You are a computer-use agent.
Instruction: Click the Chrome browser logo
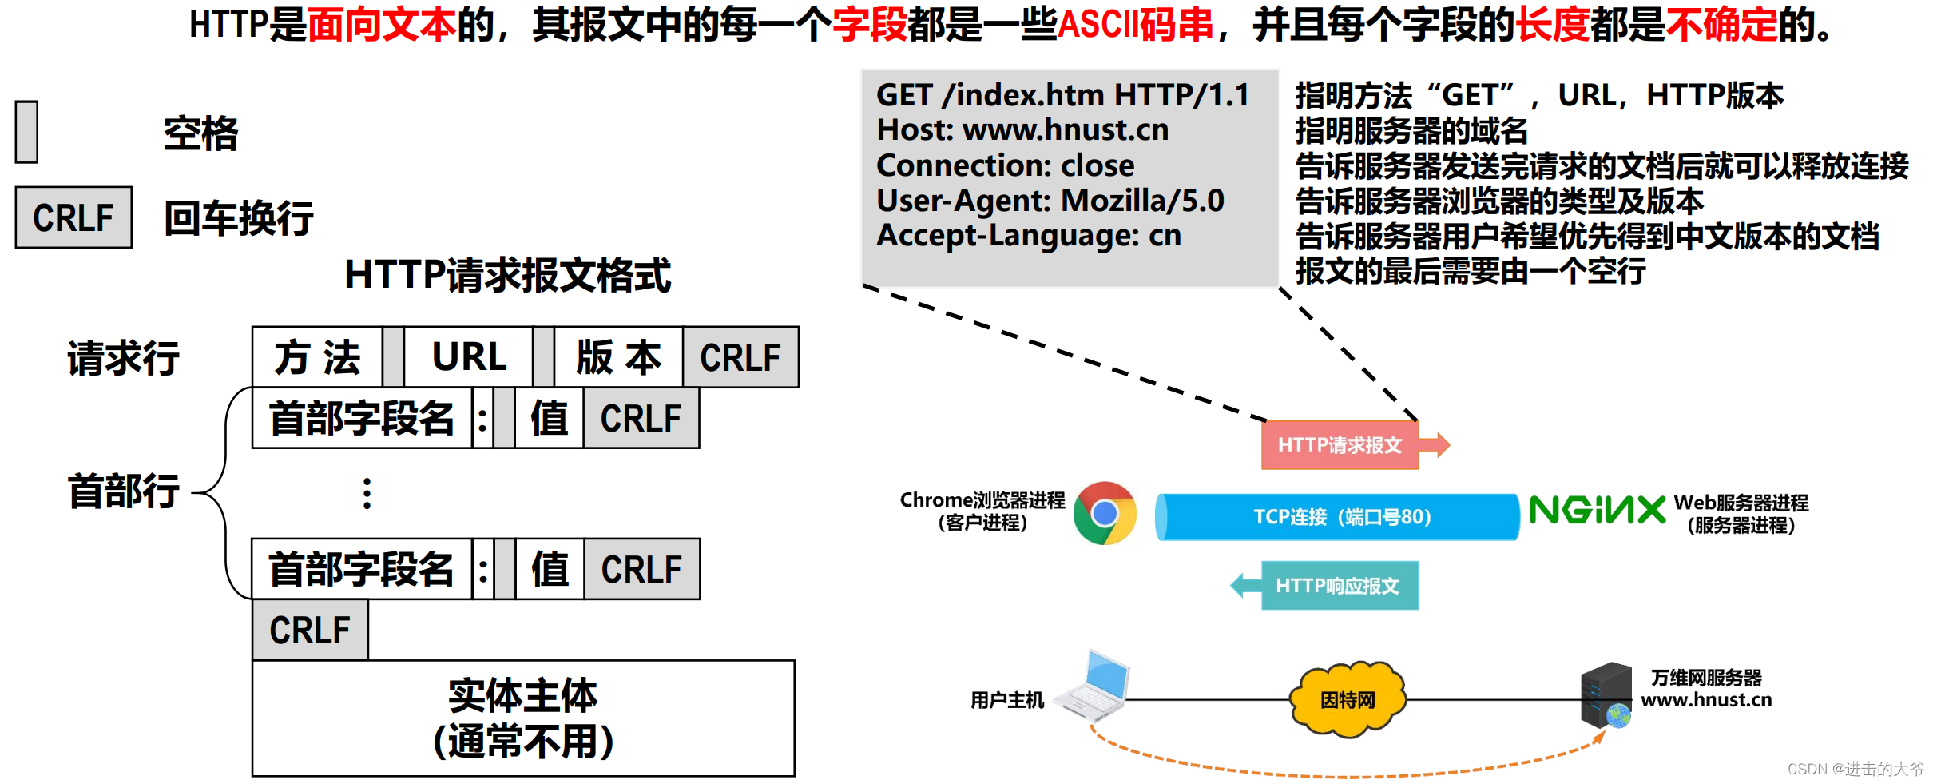click(1105, 513)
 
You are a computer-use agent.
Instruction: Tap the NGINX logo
click(1597, 510)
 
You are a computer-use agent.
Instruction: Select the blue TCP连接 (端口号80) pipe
click(1338, 517)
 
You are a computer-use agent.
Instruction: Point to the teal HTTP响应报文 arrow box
click(1339, 586)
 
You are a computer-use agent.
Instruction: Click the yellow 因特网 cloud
click(1348, 699)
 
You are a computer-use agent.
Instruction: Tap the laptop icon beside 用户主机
click(1094, 687)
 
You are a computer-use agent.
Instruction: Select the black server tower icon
click(1606, 694)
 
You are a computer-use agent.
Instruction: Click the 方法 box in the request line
click(318, 357)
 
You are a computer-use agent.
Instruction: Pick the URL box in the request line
click(469, 357)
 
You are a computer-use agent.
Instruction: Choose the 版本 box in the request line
click(619, 357)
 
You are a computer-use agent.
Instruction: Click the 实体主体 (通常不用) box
click(523, 718)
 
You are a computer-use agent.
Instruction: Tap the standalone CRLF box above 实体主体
click(310, 630)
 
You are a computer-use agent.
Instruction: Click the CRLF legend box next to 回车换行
click(73, 217)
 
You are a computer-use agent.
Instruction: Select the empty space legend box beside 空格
click(27, 132)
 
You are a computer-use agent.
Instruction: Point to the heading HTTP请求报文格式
click(508, 275)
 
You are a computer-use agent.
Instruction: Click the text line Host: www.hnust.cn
click(1022, 129)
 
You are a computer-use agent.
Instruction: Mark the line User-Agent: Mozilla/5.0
click(1050, 200)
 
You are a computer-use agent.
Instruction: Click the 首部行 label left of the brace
click(124, 491)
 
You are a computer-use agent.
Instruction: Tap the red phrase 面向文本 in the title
click(381, 24)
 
